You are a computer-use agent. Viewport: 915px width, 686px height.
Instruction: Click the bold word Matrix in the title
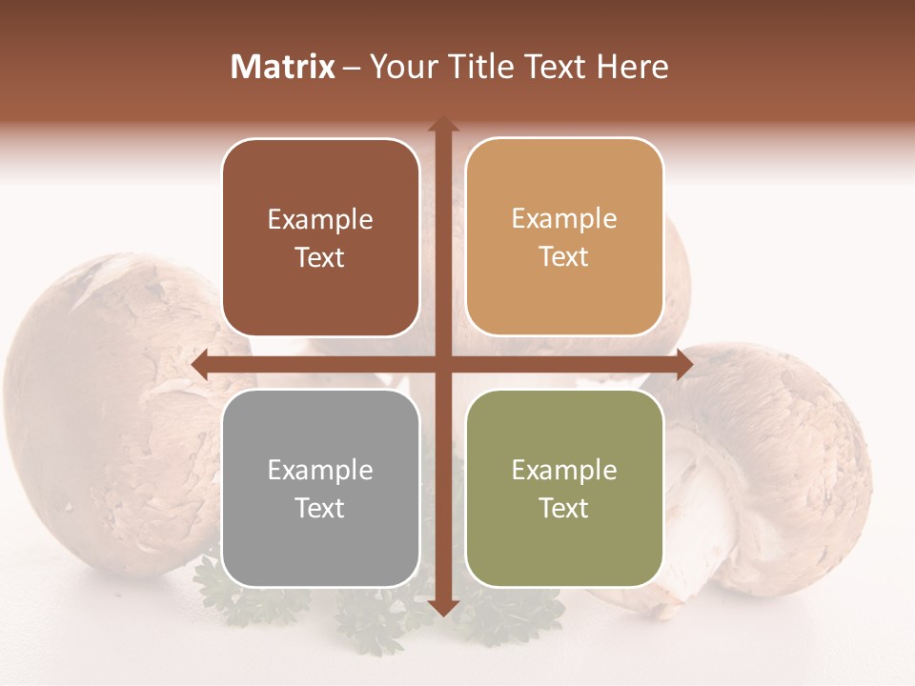click(x=283, y=67)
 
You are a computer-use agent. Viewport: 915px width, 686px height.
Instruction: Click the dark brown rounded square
click(x=320, y=238)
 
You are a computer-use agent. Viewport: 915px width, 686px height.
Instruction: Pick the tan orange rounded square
click(x=564, y=237)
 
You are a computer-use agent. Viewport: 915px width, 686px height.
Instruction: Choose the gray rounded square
click(x=320, y=488)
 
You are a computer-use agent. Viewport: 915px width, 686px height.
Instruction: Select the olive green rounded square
click(x=564, y=488)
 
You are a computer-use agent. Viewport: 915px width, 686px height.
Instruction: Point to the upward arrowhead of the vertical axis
click(x=443, y=125)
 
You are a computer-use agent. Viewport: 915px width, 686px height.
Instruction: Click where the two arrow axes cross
click(x=443, y=365)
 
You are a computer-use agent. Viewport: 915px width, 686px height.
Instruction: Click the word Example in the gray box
click(x=320, y=470)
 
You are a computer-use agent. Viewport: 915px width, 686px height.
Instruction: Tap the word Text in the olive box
click(x=564, y=508)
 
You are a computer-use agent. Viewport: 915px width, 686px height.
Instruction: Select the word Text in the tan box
click(x=564, y=257)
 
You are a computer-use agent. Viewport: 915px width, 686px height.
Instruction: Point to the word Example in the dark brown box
click(x=320, y=219)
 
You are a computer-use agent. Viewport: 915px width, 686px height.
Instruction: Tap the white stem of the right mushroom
click(x=696, y=514)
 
